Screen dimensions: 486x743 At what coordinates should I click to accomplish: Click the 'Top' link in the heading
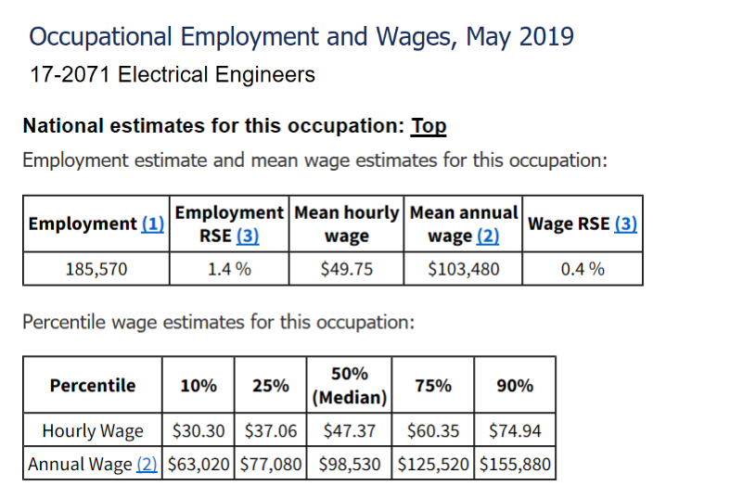[x=429, y=126]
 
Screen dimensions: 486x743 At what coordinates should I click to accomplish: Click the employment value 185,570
[x=96, y=270]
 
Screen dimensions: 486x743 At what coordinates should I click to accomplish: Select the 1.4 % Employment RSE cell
[x=229, y=270]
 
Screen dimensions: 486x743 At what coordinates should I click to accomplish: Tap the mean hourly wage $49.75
[x=347, y=270]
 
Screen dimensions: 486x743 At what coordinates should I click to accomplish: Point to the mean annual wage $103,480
[x=463, y=270]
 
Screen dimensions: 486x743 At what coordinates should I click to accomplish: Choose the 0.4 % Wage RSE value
[x=583, y=270]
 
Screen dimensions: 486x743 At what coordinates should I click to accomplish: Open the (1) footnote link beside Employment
[x=152, y=224]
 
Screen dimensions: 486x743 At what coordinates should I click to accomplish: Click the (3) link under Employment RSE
[x=247, y=237]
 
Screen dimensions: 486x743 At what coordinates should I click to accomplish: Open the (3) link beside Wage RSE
[x=625, y=224]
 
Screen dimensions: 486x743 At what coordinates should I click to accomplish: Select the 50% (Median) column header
[x=349, y=386]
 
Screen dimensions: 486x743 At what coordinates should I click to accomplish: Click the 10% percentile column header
[x=199, y=386]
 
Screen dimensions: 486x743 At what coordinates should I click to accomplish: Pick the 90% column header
[x=515, y=386]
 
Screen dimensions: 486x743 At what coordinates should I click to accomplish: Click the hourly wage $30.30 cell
[x=199, y=431]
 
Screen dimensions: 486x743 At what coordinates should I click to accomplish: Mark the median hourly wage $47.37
[x=349, y=431]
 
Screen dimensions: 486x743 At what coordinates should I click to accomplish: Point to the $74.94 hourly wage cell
[x=515, y=431]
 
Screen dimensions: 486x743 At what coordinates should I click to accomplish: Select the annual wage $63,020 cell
[x=199, y=464]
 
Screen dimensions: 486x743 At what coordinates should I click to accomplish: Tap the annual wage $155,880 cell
[x=515, y=464]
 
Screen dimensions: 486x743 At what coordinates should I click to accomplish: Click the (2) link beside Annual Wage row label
[x=147, y=464]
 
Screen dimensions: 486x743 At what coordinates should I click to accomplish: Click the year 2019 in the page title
[x=546, y=38]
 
